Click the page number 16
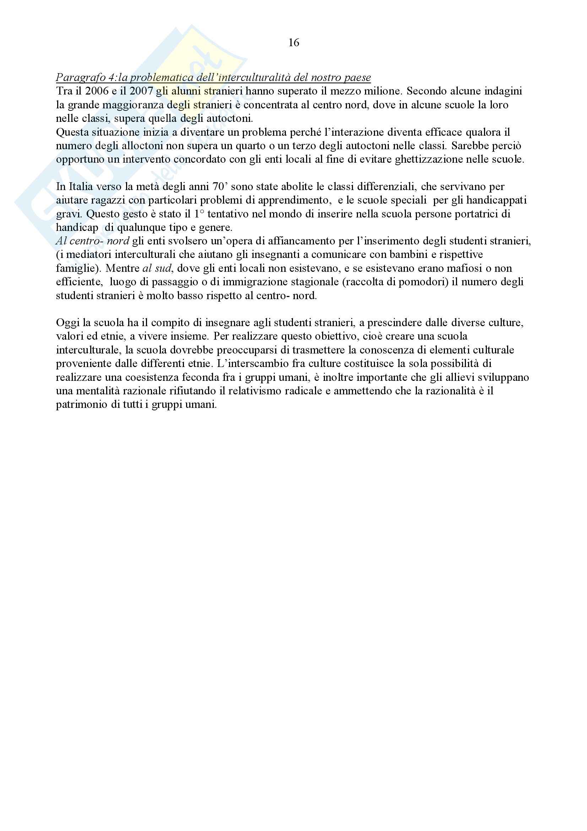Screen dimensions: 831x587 [293, 43]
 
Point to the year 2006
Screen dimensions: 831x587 [97, 91]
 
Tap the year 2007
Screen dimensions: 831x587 [141, 91]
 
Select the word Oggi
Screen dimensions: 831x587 [68, 323]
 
